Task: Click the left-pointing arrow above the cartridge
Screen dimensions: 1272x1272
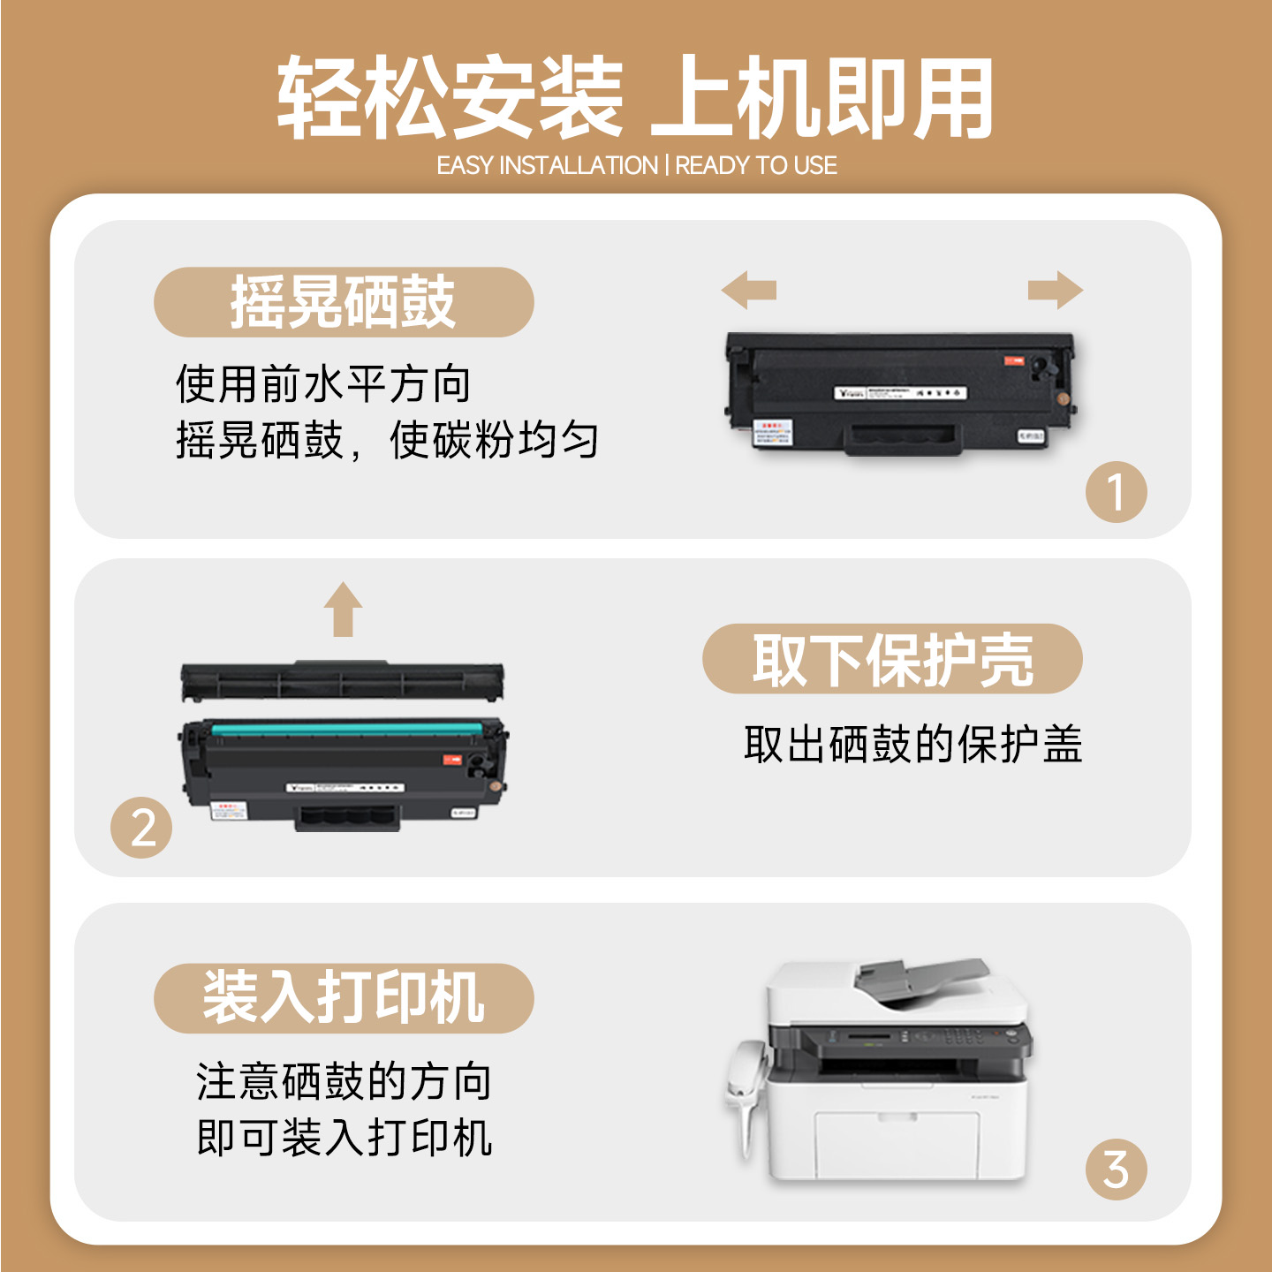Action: [748, 290]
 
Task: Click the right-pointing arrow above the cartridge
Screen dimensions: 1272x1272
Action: [1055, 290]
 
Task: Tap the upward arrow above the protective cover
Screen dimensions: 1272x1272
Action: [343, 609]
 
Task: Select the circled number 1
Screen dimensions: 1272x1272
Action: [1116, 491]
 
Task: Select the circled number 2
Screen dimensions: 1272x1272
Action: [141, 828]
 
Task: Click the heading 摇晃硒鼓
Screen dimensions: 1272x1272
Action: [344, 302]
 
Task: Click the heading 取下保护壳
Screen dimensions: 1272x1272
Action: [892, 659]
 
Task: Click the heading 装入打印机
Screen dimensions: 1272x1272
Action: [344, 998]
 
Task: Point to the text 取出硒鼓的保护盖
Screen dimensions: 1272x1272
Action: [912, 744]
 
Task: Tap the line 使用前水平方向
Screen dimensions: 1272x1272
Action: [322, 384]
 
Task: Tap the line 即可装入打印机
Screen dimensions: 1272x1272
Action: [344, 1138]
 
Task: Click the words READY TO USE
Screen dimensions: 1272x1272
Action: [756, 165]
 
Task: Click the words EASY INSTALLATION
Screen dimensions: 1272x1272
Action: [547, 165]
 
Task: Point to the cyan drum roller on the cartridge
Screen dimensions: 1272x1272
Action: [346, 730]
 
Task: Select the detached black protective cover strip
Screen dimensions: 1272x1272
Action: [343, 680]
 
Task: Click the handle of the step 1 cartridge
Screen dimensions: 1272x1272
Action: [903, 439]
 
